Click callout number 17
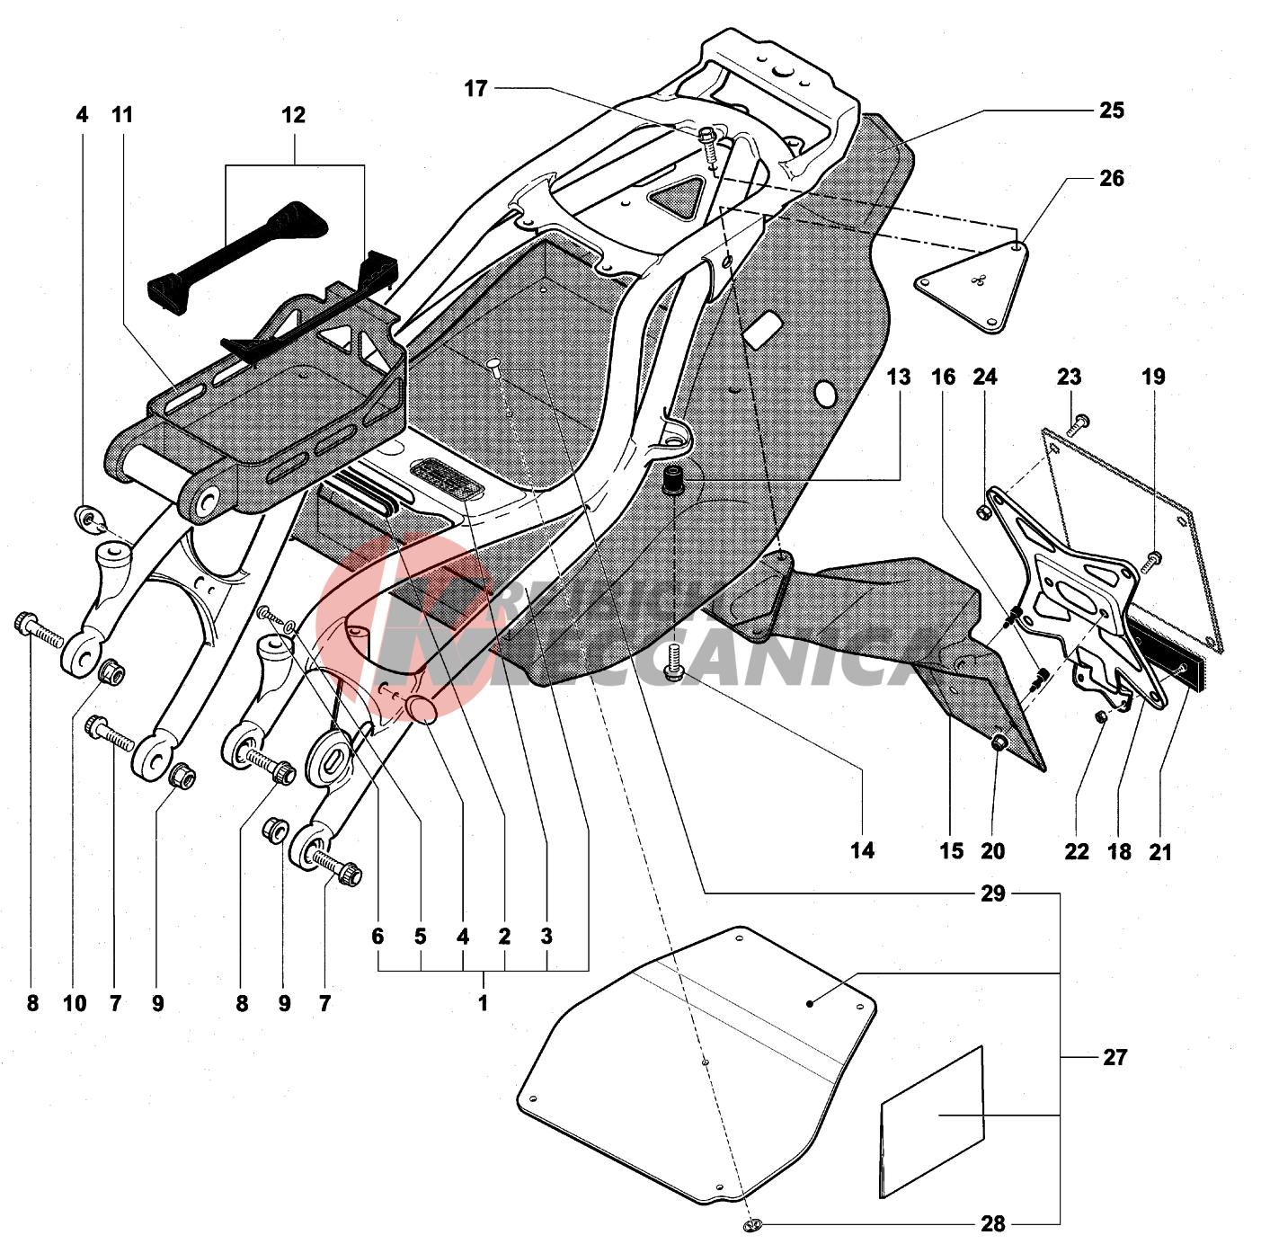coord(475,89)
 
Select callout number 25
coord(1111,111)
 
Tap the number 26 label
coord(1111,179)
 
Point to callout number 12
coord(293,115)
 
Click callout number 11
coord(122,115)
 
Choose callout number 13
coord(898,378)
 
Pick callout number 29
coord(992,893)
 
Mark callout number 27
coord(1114,1058)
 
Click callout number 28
coord(992,1224)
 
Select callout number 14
coord(862,850)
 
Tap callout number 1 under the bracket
coord(483,1003)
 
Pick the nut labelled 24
coord(982,512)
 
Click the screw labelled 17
coord(708,139)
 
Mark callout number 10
coord(75,1003)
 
